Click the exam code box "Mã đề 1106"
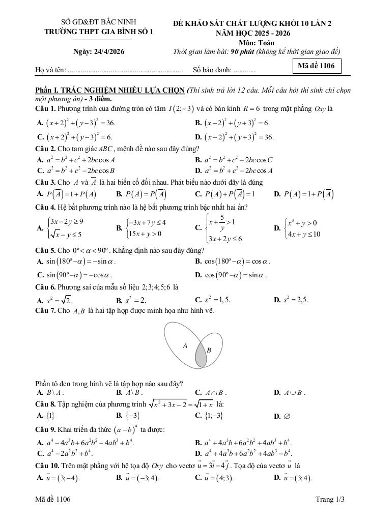click(317, 66)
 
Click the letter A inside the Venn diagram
click(185, 345)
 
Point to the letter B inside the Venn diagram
click(209, 350)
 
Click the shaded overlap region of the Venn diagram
click(201, 356)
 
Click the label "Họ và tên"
click(50, 70)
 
